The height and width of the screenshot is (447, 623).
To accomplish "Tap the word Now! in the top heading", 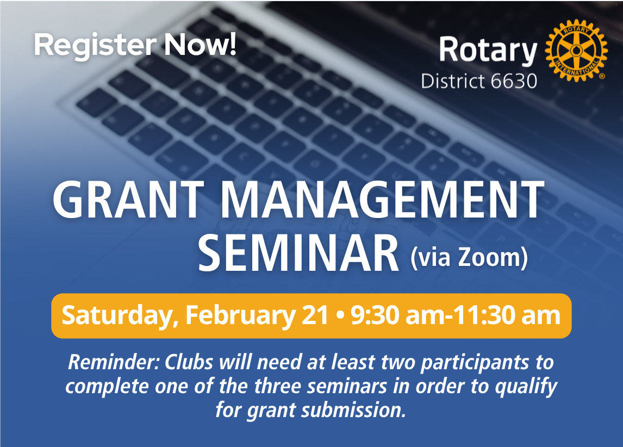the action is point(201,44).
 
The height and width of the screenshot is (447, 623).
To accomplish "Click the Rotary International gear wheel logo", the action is point(576,51).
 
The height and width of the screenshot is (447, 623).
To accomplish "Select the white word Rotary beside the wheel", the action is point(488,51).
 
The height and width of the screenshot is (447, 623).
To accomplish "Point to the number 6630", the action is point(514,81).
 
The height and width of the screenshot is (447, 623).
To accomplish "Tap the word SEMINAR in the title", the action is point(298,253).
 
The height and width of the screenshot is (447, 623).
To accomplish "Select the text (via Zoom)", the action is point(469,257).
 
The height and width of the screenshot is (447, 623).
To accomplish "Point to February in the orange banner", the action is point(240,316).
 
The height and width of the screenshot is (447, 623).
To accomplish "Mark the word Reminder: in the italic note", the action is point(114,362).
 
